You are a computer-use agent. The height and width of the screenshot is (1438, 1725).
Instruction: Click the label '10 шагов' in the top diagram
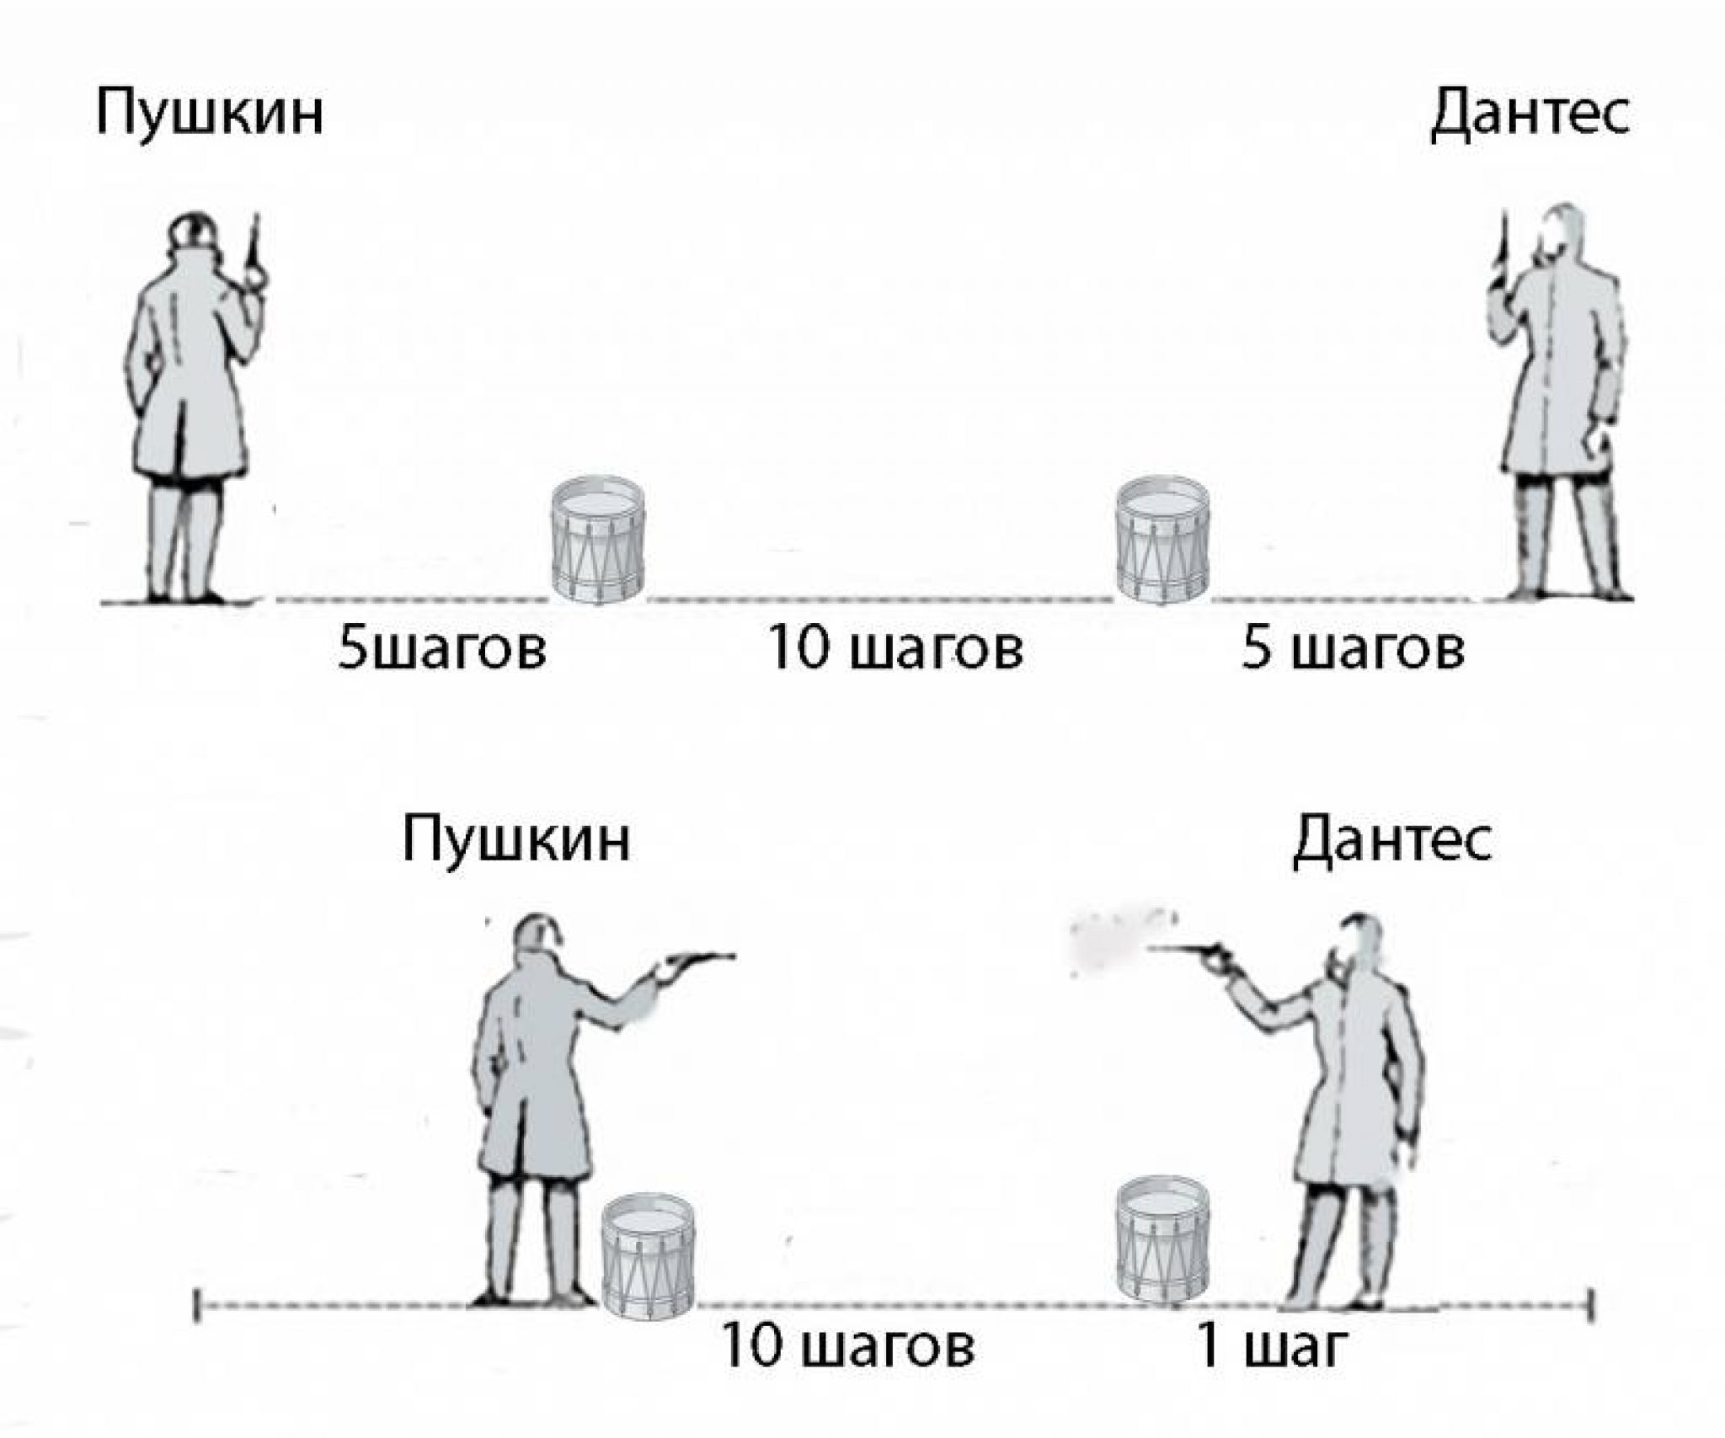click(x=895, y=650)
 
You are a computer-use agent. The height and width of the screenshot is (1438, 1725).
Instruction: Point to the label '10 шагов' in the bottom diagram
click(x=847, y=1346)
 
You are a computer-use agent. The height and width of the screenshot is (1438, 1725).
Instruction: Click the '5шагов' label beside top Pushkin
click(x=441, y=650)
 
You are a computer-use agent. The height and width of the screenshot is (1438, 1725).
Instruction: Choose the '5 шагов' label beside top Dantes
click(x=1353, y=650)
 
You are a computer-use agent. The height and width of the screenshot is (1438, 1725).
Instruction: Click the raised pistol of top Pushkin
click(x=254, y=244)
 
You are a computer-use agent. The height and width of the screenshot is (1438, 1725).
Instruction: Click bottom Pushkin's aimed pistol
click(x=699, y=960)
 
